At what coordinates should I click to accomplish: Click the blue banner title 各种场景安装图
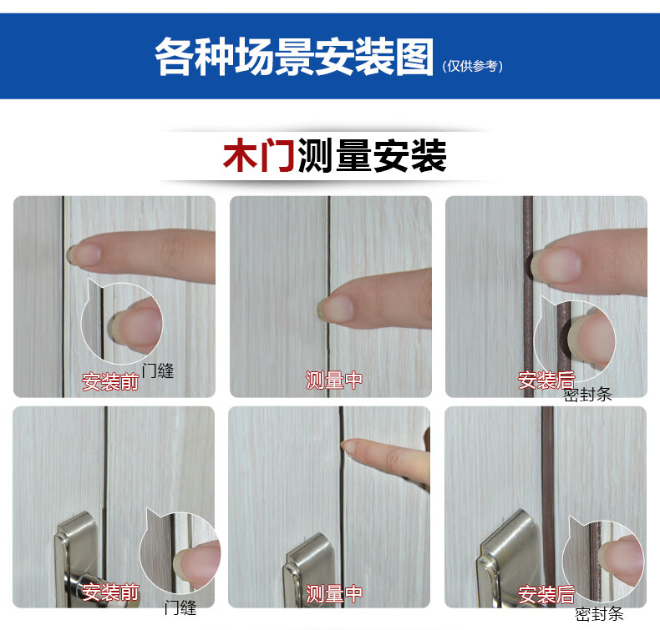294,57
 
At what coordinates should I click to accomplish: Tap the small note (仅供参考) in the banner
472,66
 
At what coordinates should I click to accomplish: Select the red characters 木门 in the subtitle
259,155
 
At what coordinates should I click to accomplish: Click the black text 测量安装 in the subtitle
372,155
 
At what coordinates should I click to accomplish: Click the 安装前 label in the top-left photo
110,381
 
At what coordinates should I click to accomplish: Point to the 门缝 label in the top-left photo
158,370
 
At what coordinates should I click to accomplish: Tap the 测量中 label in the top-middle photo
334,380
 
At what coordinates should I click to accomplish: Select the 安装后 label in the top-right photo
546,381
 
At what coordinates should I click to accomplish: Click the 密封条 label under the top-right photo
587,395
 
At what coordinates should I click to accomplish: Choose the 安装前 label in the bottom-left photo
110,592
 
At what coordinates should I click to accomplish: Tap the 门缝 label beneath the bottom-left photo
180,607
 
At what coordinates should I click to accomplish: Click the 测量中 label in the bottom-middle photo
334,593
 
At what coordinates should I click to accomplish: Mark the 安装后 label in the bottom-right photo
546,594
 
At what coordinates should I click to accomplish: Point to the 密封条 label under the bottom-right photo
599,614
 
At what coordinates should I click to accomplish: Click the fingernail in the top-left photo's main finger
85,255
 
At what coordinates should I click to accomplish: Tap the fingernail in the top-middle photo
336,309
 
